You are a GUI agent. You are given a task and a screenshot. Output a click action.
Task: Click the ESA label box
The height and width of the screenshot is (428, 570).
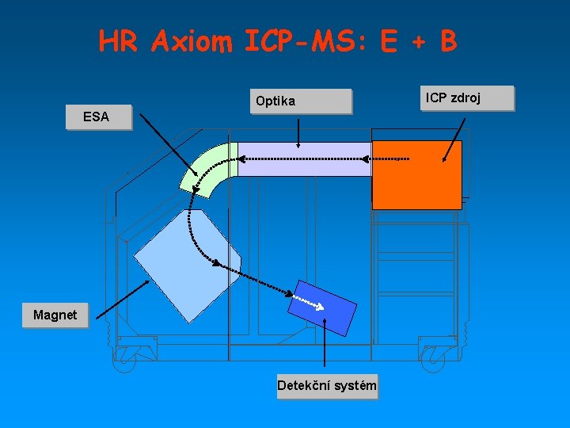click(98, 117)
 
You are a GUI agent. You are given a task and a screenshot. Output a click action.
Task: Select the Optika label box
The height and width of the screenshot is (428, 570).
click(299, 101)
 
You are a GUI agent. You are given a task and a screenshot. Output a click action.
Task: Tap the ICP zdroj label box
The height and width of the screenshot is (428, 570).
click(468, 98)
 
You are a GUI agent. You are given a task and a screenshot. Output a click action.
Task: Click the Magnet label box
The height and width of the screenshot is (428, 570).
click(55, 315)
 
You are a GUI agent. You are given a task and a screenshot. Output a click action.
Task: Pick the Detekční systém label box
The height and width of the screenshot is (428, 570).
click(327, 387)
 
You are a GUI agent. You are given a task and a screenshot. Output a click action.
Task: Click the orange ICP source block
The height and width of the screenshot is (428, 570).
click(416, 175)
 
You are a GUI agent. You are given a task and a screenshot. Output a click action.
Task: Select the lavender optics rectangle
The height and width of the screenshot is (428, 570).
click(304, 159)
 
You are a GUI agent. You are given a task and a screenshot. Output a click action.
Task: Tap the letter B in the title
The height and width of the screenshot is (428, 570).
click(449, 41)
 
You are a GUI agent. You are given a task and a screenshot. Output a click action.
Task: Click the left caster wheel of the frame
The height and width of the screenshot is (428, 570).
click(125, 361)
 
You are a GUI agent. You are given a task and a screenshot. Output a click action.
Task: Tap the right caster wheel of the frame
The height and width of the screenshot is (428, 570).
click(432, 361)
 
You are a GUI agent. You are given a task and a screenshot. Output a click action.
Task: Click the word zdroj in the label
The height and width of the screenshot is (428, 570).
click(484, 98)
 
